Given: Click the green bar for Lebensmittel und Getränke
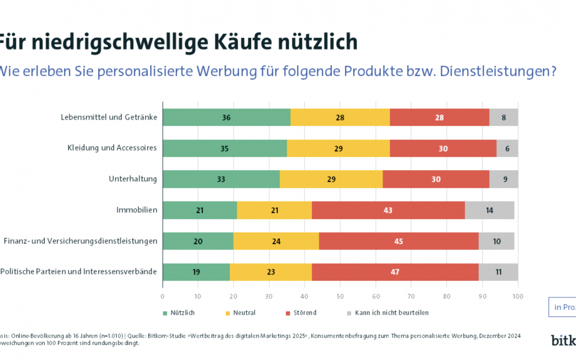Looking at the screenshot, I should tap(226, 117).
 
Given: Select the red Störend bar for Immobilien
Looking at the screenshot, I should tap(388, 210).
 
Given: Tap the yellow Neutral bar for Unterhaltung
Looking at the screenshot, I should tap(331, 179).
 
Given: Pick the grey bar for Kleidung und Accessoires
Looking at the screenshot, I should tap(508, 148).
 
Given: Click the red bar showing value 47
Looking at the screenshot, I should tap(395, 272).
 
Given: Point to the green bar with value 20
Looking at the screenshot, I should tap(198, 241).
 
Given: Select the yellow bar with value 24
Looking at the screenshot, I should tap(276, 241).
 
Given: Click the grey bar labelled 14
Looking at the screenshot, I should tap(490, 210).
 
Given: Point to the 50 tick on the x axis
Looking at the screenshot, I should tap(340, 295).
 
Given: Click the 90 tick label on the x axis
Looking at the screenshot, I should tap(482, 295).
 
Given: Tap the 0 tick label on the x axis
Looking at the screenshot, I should tap(163, 295).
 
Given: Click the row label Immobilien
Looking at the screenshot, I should tap(137, 210).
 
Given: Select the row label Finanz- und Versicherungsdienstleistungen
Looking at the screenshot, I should tap(81, 241).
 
